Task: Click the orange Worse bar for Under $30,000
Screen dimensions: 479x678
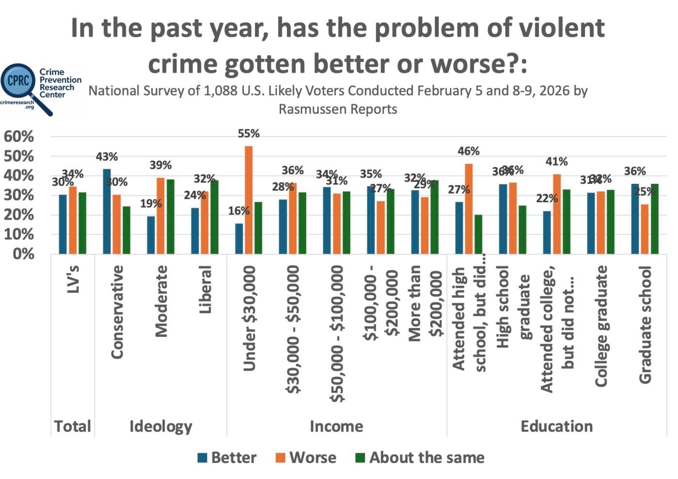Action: [248, 200]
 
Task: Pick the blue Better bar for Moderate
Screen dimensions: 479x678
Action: [151, 235]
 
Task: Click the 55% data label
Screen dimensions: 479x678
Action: [248, 134]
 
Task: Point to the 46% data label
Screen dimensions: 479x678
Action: [468, 151]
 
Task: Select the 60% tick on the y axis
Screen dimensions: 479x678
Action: [19, 136]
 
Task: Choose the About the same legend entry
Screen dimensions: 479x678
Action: [420, 457]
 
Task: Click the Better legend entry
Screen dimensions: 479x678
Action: [227, 457]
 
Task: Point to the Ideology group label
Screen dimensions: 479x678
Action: [160, 426]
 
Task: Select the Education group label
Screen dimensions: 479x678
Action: [556, 426]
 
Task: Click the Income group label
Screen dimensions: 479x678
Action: [336, 426]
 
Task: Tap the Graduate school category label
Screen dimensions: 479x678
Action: [645, 324]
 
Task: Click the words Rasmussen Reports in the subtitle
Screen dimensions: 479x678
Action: [338, 109]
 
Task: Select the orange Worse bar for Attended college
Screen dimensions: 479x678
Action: [557, 214]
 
